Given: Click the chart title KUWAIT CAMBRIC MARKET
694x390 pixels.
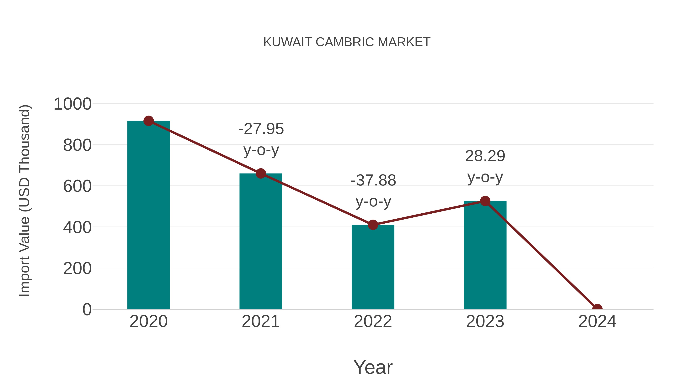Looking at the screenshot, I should tap(347, 42).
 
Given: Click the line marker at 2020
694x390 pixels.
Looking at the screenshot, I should tap(148, 121).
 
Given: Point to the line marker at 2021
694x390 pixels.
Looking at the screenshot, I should tap(260, 174).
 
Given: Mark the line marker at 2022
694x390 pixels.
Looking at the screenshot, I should tap(373, 225).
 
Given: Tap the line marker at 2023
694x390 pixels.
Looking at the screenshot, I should tap(485, 201).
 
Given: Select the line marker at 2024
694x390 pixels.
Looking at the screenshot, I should tap(597, 309).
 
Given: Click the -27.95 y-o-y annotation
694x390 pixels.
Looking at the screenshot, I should tap(261, 139).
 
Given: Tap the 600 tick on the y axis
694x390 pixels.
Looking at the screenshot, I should tap(77, 186).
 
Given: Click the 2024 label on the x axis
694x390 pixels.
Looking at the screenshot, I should tap(597, 321).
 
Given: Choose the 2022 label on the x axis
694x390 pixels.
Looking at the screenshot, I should tap(373, 321).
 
